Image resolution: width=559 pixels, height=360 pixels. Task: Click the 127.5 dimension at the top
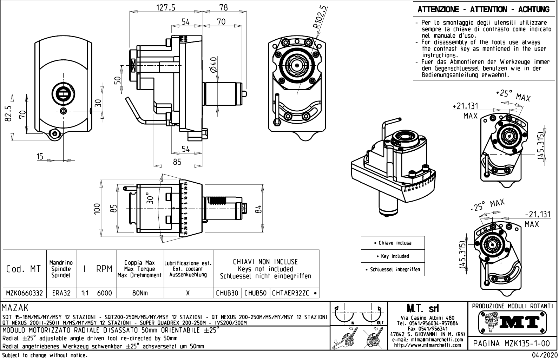click(165, 7)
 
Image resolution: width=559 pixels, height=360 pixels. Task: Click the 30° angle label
click(150, 198)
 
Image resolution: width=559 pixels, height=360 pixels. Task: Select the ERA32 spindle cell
click(61, 293)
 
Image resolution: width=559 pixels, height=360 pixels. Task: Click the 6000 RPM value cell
click(105, 293)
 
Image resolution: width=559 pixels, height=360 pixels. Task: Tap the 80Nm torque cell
click(140, 293)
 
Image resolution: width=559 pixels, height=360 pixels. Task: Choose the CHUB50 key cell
click(256, 293)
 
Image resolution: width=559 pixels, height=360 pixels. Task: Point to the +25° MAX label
click(513, 95)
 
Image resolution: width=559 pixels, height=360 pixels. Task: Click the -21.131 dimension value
click(537, 214)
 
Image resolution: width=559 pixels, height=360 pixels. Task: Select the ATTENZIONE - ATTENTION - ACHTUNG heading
click(484, 9)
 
